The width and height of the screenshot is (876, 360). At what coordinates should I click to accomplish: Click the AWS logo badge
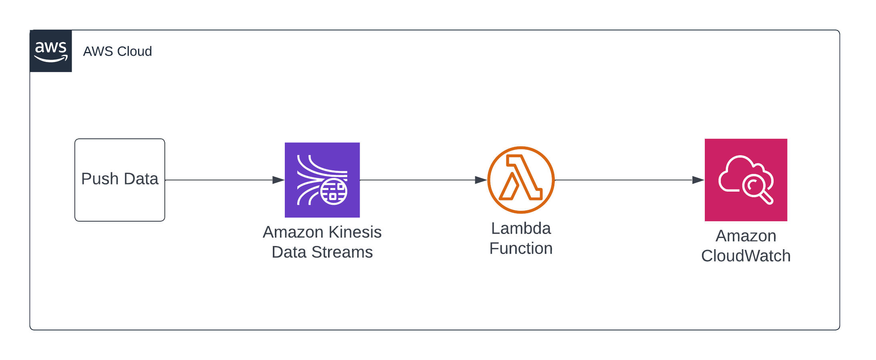pos(51,51)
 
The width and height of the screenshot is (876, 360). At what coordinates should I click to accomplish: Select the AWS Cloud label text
pos(118,52)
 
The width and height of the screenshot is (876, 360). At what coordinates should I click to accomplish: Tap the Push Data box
pos(120,180)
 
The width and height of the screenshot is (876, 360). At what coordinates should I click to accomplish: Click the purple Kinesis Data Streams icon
pos(322,180)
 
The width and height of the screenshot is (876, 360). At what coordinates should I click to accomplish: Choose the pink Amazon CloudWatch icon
pos(746,180)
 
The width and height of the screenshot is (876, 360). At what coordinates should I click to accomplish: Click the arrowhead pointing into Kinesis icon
pos(278,180)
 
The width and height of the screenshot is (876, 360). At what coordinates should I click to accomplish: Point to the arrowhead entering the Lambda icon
pos(481,180)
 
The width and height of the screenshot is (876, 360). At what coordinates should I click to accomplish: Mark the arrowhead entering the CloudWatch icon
pos(698,180)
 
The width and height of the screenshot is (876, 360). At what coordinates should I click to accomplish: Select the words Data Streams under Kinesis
pos(322,252)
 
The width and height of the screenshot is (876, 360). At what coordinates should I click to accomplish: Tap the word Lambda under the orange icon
pos(521,228)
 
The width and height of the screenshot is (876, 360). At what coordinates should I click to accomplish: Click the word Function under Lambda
pos(521,248)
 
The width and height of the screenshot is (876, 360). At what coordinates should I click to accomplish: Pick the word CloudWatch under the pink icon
pos(746,256)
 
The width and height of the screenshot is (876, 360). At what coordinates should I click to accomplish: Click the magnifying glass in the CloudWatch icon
pos(758,190)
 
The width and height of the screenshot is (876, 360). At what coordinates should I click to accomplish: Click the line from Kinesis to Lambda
pos(424,180)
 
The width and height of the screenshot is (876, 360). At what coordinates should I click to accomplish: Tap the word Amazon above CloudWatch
pos(746,236)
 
